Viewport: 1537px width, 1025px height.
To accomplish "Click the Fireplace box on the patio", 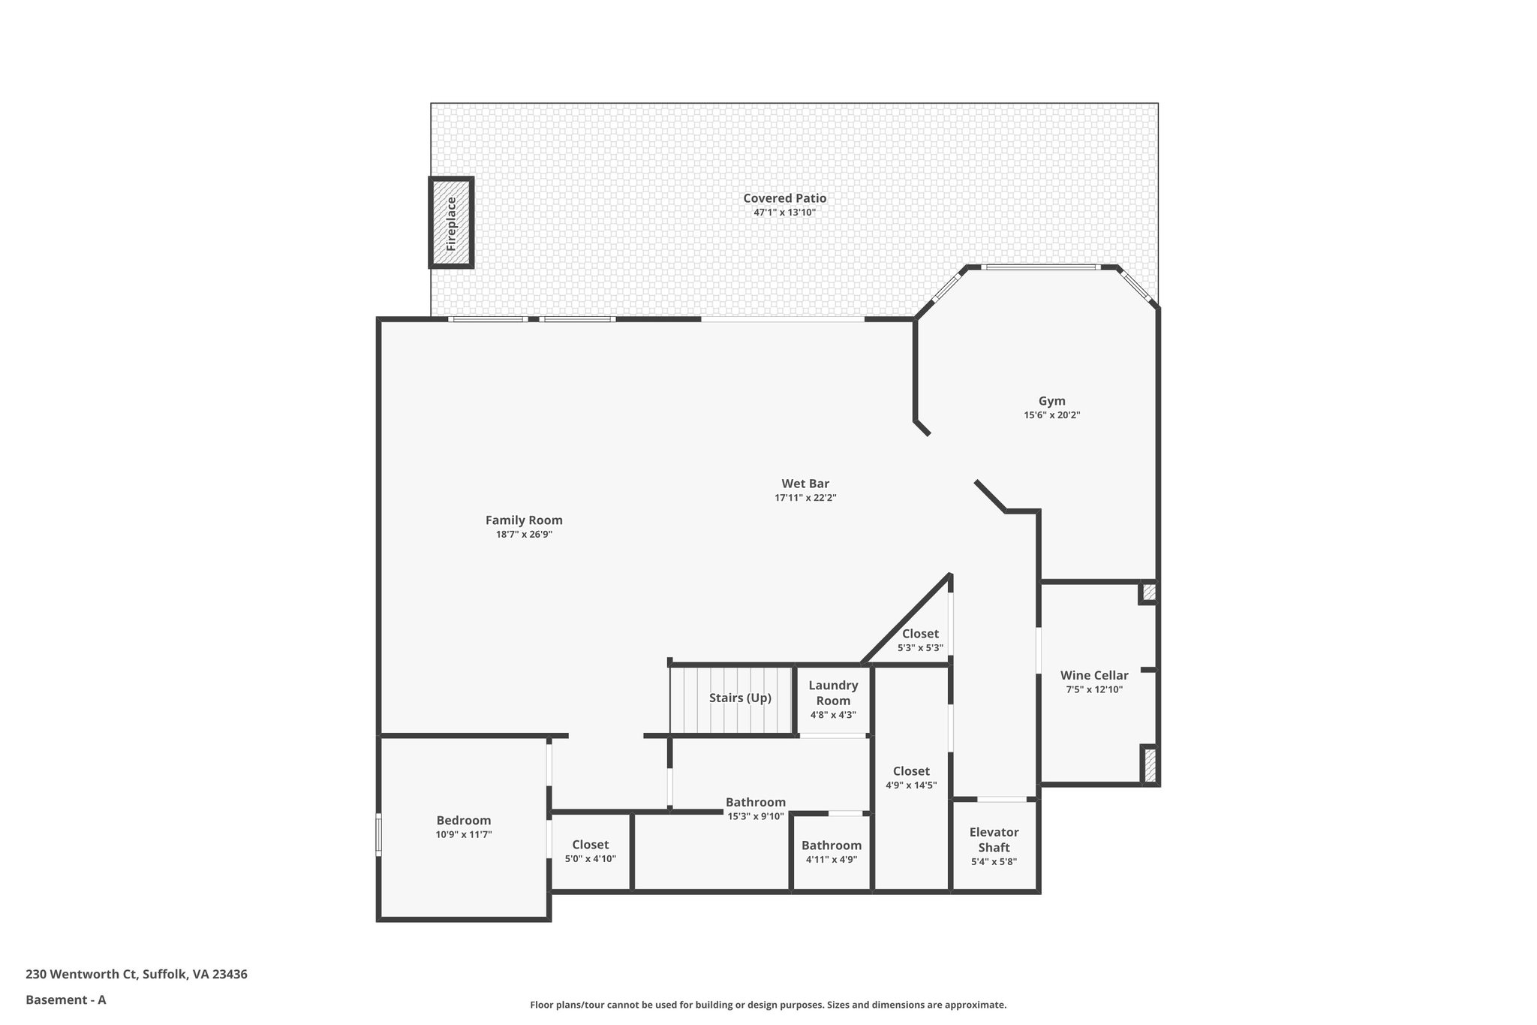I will click(451, 223).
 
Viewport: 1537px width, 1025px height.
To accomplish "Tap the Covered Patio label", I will click(784, 198).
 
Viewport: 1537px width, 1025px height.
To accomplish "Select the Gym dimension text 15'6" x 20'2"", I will click(1051, 415).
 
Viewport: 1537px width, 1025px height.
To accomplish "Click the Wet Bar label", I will click(805, 484).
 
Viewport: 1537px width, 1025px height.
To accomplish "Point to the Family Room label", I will click(524, 520).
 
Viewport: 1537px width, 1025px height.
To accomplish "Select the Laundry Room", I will click(833, 699).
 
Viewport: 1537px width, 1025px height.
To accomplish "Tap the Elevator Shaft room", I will click(994, 846).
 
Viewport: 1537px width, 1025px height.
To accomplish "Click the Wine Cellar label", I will click(1093, 675).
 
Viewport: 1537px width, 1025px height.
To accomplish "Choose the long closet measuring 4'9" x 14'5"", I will click(911, 777).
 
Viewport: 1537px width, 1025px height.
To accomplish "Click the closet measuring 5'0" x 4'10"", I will click(591, 851).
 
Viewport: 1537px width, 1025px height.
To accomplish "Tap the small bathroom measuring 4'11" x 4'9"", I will click(832, 852).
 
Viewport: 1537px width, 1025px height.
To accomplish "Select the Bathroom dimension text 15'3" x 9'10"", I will click(756, 816).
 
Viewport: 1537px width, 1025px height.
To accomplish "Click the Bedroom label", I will click(464, 821).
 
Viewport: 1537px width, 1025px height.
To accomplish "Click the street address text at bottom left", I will click(137, 974).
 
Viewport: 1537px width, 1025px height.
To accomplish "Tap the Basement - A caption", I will click(66, 999).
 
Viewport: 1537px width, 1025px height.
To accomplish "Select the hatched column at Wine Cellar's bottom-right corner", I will click(1149, 765).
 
